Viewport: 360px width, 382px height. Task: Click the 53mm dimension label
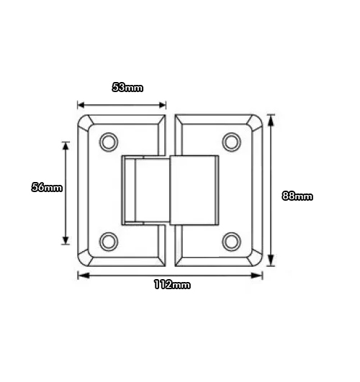coord(128,88)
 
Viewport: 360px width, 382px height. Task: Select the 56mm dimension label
coord(48,187)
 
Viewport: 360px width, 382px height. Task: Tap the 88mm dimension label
coord(297,196)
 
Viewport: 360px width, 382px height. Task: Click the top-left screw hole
coord(110,141)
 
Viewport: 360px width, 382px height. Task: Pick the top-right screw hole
coord(232,141)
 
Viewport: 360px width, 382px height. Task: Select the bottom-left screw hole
coord(110,241)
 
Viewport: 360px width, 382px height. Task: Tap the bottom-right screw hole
coord(232,241)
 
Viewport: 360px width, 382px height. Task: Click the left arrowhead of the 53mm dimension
coord(81,104)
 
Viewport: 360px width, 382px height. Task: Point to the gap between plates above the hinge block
coord(171,133)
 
